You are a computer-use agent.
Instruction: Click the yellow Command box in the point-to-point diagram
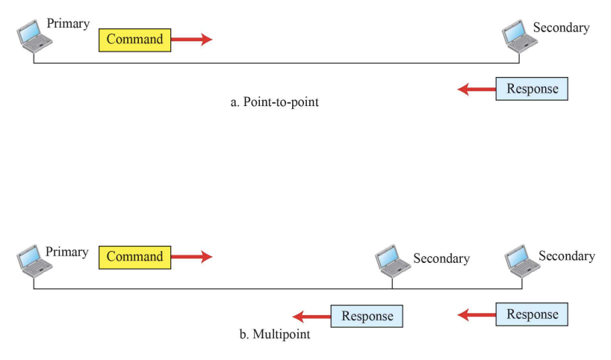click(x=134, y=40)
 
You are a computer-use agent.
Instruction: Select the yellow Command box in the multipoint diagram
click(x=134, y=257)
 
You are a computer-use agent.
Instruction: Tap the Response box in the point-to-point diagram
click(x=532, y=90)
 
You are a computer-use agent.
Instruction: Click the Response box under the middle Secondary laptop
click(x=367, y=316)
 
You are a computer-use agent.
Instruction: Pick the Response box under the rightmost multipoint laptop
click(x=532, y=314)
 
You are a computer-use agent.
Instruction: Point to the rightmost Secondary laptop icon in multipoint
click(x=521, y=258)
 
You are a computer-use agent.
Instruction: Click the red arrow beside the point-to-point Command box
click(x=191, y=40)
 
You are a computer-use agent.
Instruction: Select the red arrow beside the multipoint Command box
click(x=191, y=257)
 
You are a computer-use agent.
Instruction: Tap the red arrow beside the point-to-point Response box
click(x=477, y=90)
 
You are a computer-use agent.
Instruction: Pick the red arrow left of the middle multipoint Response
click(x=311, y=316)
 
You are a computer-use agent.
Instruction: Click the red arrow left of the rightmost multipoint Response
click(x=477, y=314)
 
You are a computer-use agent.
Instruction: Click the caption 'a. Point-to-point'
click(x=274, y=102)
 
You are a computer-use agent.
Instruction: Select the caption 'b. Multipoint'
click(x=274, y=335)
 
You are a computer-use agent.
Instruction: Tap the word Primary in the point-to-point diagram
click(x=68, y=24)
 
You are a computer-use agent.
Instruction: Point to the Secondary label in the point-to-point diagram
click(x=561, y=28)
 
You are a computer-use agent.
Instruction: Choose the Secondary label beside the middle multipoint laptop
click(x=441, y=259)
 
